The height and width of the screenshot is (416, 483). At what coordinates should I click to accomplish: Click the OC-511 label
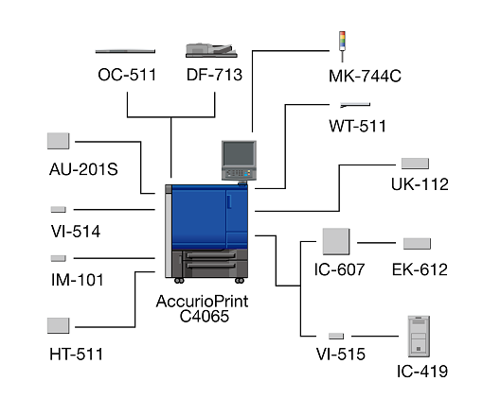127,75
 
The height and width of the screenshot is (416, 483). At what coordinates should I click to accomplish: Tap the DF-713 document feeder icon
211,50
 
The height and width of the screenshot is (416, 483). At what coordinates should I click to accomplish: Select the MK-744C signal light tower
342,46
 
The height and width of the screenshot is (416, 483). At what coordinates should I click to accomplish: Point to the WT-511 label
357,126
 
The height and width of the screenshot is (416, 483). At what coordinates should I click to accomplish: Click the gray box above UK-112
415,164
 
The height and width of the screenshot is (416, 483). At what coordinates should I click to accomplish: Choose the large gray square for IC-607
336,241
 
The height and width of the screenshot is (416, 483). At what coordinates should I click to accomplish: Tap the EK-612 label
420,269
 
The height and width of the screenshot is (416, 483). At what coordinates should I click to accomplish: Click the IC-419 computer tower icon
419,337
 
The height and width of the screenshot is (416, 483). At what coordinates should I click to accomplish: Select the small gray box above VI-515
336,336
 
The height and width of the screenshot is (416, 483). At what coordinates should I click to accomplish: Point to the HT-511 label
76,355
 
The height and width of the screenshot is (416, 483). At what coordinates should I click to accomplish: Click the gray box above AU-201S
59,141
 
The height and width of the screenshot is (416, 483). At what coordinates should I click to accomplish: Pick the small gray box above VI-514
59,209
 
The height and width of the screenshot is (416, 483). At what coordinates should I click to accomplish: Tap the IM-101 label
78,280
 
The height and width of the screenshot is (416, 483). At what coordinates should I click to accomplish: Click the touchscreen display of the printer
239,153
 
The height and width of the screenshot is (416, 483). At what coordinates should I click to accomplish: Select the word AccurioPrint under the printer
202,302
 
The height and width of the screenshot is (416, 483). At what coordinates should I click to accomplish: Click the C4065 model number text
205,317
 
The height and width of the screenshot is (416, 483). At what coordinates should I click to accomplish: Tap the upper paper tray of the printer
210,255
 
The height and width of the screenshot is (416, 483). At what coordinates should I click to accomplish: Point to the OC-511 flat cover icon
125,51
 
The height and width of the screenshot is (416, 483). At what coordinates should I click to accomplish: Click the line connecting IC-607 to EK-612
376,243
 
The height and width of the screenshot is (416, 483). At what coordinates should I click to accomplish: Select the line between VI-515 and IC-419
375,337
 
